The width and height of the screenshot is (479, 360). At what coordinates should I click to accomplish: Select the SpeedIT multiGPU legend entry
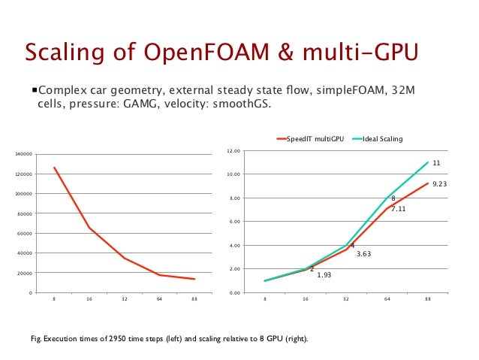point(312,139)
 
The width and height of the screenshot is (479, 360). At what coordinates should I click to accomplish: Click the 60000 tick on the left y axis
point(24,233)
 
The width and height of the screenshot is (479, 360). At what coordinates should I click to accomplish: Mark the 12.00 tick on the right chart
point(233,151)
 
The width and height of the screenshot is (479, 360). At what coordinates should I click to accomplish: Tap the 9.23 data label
point(440,183)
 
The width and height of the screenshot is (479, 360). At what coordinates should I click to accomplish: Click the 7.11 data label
point(398,209)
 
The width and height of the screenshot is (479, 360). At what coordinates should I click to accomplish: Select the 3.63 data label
point(363,254)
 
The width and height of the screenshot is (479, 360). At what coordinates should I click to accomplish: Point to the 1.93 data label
point(324,275)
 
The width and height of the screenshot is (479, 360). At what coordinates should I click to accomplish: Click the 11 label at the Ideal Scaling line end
point(436,162)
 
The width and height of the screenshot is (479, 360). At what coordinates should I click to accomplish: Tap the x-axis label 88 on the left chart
point(194,299)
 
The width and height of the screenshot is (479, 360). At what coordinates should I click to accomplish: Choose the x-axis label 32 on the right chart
point(346,299)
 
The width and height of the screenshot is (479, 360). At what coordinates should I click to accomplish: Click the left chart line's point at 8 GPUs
point(54,167)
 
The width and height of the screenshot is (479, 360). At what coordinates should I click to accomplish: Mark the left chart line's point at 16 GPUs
point(89,228)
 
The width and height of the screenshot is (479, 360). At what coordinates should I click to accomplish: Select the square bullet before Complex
point(34,91)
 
